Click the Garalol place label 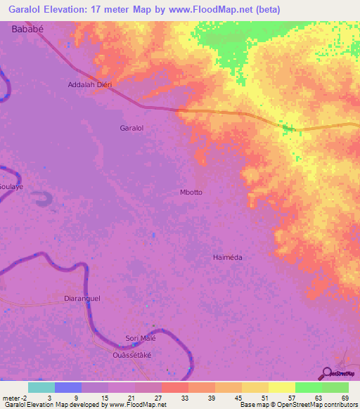pos(131,129)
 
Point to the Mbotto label pos(193,191)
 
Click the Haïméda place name pos(227,257)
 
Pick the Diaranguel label pos(82,298)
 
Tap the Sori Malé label pos(140,338)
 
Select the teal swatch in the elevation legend pos(41,387)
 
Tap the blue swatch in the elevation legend pos(67,387)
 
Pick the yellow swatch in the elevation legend pos(281,387)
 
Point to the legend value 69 pos(345,397)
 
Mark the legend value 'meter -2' pos(15,397)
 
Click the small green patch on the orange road pos(286,128)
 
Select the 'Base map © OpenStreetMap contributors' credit pos(298,405)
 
